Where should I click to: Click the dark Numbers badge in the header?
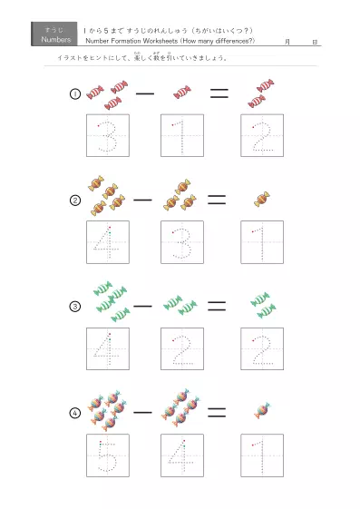(x=55, y=34)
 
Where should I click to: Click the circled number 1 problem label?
(x=76, y=95)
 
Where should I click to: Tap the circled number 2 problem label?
(x=76, y=201)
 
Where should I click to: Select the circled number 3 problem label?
(x=76, y=307)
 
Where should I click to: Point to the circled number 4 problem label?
(x=76, y=413)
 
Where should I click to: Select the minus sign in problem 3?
(x=143, y=306)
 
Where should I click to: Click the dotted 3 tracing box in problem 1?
(x=108, y=135)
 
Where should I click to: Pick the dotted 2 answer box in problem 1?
(x=261, y=135)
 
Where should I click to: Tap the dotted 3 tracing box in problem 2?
(x=182, y=241)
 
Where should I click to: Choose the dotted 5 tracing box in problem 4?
(x=108, y=455)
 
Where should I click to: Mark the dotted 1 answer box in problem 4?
(x=261, y=455)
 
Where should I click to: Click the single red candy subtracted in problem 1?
(x=182, y=92)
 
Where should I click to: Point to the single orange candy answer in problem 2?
(x=262, y=198)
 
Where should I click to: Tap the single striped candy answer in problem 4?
(x=262, y=411)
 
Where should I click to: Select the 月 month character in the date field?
(x=287, y=42)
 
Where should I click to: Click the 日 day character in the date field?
(x=313, y=42)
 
